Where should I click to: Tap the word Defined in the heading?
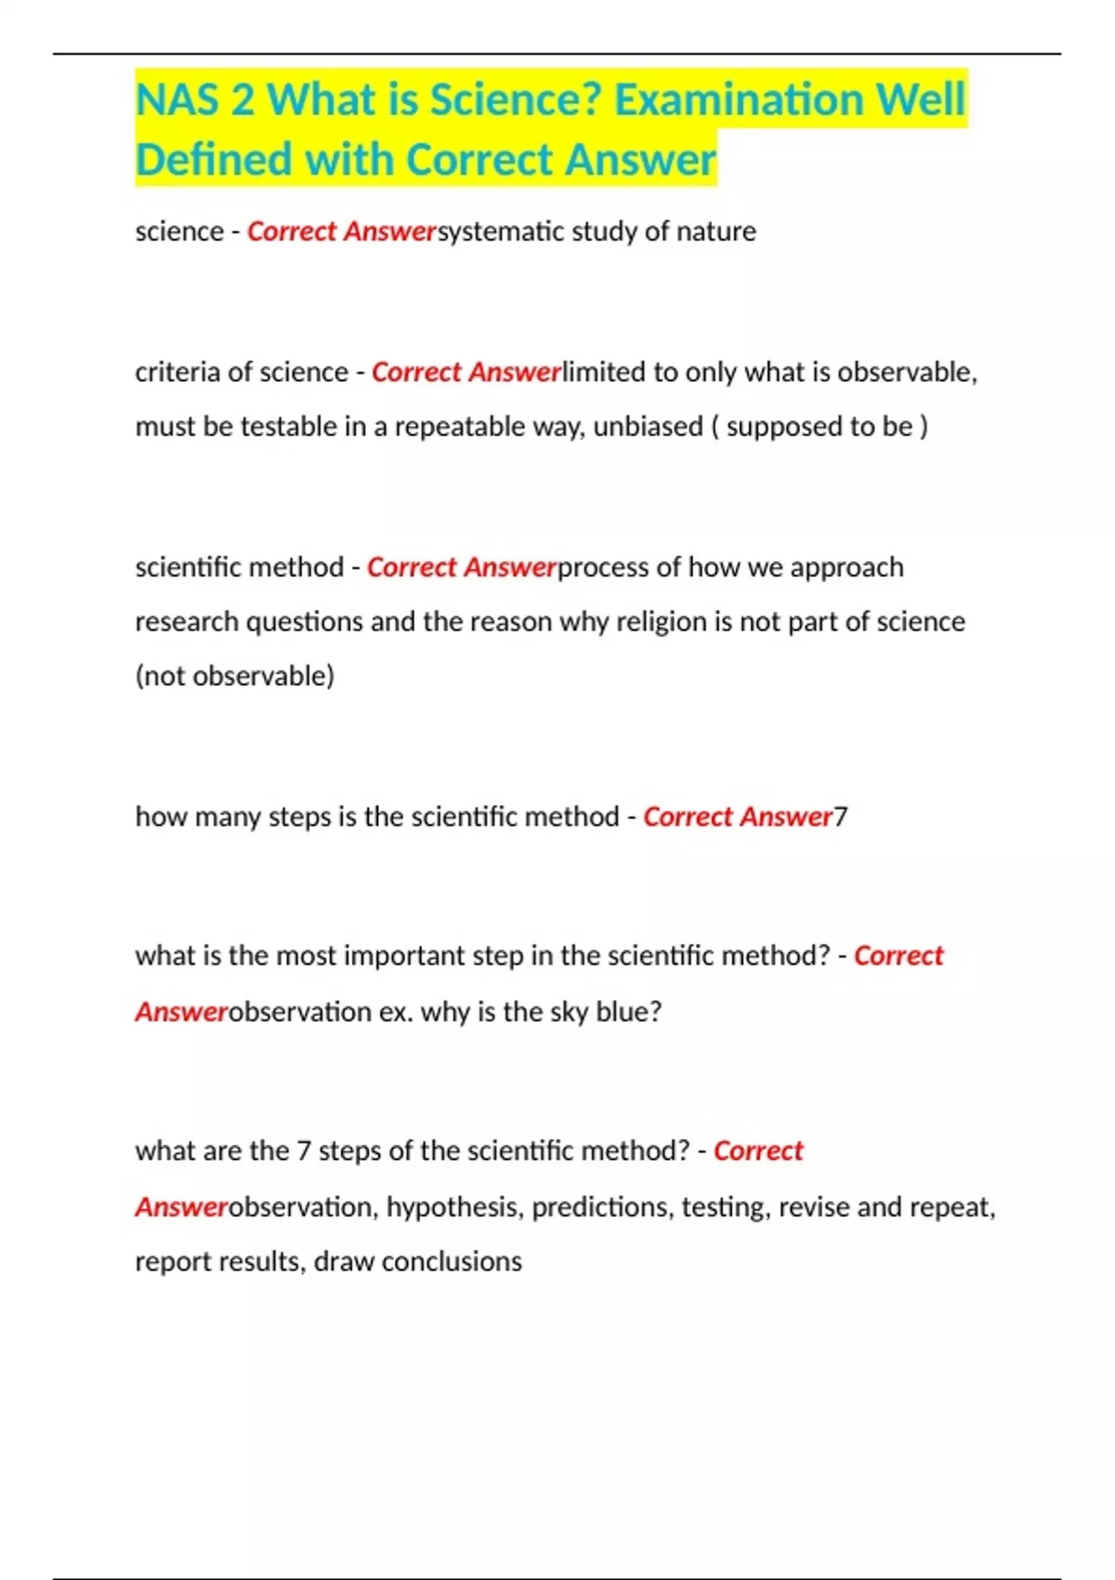[214, 160]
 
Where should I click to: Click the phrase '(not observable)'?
[234, 676]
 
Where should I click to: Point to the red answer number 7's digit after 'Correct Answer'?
[841, 817]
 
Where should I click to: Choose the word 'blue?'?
[628, 1011]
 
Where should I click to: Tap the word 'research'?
[187, 621]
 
